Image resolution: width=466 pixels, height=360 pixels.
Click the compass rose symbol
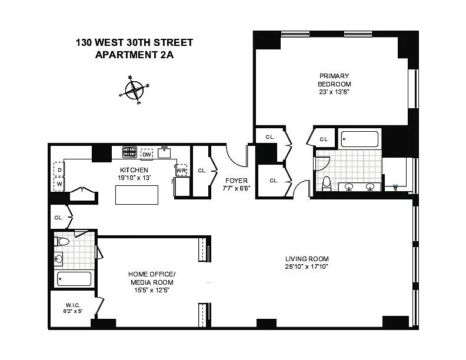click(x=134, y=90)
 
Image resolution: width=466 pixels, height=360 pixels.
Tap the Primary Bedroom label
click(x=334, y=80)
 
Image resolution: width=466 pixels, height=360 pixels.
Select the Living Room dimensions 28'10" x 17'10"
click(x=307, y=266)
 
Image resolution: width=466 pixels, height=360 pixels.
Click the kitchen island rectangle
click(x=137, y=195)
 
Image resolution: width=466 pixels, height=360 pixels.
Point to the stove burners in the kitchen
click(x=129, y=152)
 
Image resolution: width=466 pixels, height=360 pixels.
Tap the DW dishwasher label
click(x=147, y=155)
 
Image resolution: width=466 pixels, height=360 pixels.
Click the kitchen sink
click(x=164, y=152)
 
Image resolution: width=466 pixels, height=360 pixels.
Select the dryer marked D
click(x=59, y=169)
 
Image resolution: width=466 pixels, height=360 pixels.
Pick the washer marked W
click(x=59, y=184)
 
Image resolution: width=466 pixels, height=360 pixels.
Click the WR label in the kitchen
click(x=181, y=171)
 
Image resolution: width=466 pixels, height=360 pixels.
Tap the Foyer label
click(x=237, y=181)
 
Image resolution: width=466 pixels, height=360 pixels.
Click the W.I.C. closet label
click(x=73, y=305)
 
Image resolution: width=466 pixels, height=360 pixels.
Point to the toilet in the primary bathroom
click(x=327, y=184)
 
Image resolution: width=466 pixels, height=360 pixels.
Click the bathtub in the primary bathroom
click(x=360, y=139)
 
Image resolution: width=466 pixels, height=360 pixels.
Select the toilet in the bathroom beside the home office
click(x=62, y=241)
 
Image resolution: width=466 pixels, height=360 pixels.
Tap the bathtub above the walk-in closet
click(x=74, y=279)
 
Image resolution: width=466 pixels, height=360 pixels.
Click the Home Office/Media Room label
click(x=152, y=278)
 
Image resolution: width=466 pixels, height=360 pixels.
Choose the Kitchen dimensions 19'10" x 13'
click(x=134, y=178)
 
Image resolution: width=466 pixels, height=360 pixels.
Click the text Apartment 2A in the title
click(x=134, y=55)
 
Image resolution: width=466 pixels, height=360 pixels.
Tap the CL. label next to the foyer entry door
click(x=202, y=171)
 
